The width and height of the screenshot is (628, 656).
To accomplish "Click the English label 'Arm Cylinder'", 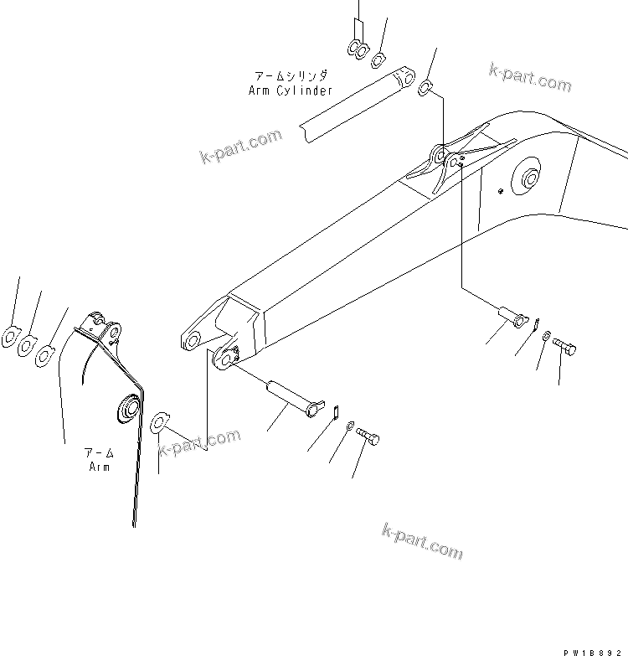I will (x=291, y=90).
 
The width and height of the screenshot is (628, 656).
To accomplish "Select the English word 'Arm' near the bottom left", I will (x=100, y=466).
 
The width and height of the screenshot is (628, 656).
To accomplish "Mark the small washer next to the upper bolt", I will (x=545, y=336).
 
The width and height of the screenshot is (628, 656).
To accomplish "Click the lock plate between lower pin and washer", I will (x=333, y=411).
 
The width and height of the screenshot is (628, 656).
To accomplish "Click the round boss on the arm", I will (x=131, y=409).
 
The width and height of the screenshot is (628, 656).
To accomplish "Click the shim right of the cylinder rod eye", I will (x=425, y=86).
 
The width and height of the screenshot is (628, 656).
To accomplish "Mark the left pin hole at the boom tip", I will (x=191, y=339).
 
